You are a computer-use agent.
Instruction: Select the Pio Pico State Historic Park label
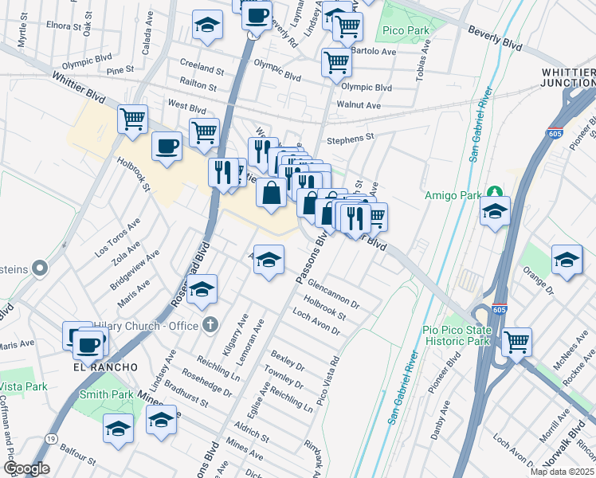click(453, 335)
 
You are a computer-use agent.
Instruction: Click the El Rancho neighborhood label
click(106, 366)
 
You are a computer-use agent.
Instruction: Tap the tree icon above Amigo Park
click(496, 191)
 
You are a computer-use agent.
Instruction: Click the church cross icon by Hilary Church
click(210, 324)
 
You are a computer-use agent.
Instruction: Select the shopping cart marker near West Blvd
click(132, 119)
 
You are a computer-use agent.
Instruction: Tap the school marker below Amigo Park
click(495, 211)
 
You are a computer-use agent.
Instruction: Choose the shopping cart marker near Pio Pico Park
click(517, 341)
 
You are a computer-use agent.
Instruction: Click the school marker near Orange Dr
click(567, 260)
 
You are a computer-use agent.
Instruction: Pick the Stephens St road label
click(350, 138)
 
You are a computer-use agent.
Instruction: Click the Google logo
click(26, 468)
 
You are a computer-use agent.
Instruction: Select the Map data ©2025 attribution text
click(562, 472)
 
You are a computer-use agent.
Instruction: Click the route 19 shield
click(51, 437)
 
